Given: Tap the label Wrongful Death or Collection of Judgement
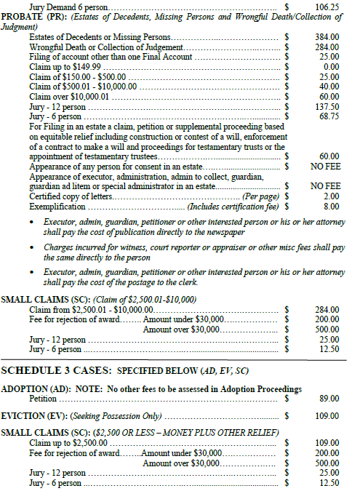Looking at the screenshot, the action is point(101,46).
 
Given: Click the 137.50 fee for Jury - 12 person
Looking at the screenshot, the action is point(328,106).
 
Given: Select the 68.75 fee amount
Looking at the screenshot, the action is point(329,116).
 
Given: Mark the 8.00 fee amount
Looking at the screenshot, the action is point(331,207).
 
